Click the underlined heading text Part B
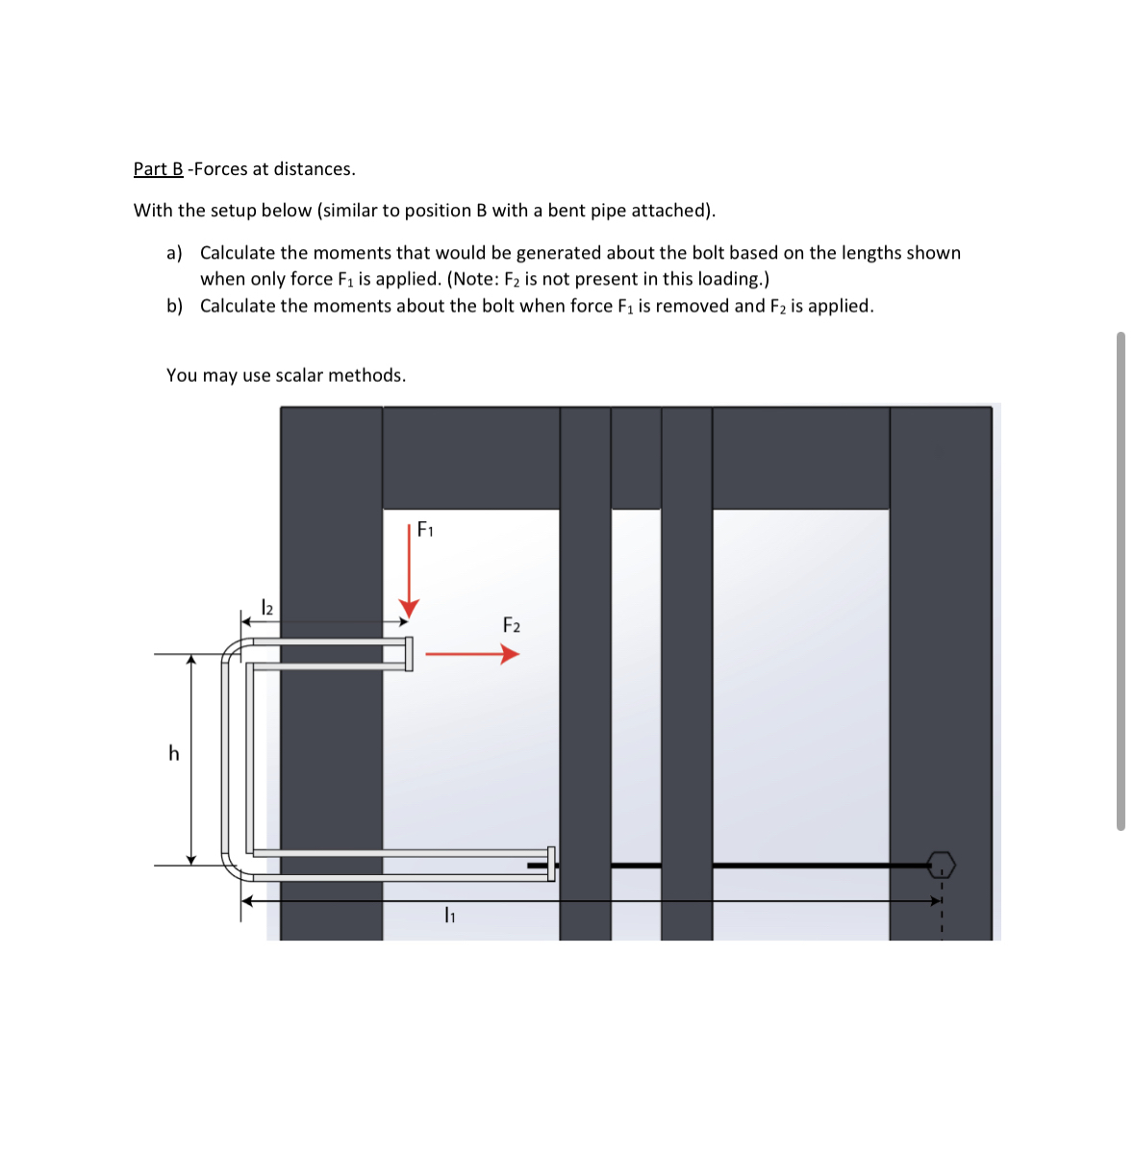tap(158, 169)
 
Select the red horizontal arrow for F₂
tap(471, 655)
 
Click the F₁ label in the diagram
tap(425, 530)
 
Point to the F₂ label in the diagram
tap(512, 626)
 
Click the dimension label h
tap(174, 754)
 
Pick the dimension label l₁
tap(449, 916)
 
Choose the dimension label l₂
tap(267, 608)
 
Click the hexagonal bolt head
tap(942, 865)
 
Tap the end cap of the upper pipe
tap(409, 654)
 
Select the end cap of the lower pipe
tap(551, 864)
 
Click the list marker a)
tap(174, 253)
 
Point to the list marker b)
tap(174, 306)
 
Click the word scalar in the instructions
tap(299, 375)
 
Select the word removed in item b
tap(692, 306)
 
